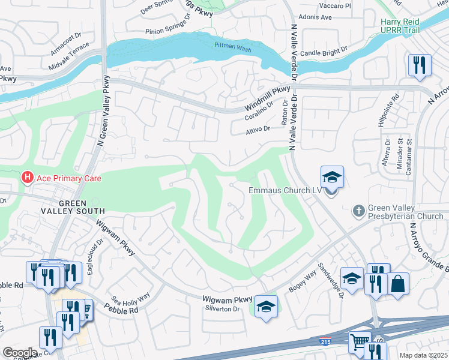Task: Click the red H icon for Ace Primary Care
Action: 27,178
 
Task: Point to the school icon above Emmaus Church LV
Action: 332,177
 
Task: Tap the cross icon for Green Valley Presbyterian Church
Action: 358,211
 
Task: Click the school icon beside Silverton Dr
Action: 265,307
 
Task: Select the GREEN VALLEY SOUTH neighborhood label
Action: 73,207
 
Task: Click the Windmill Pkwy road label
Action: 267,99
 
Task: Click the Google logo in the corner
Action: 20,352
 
